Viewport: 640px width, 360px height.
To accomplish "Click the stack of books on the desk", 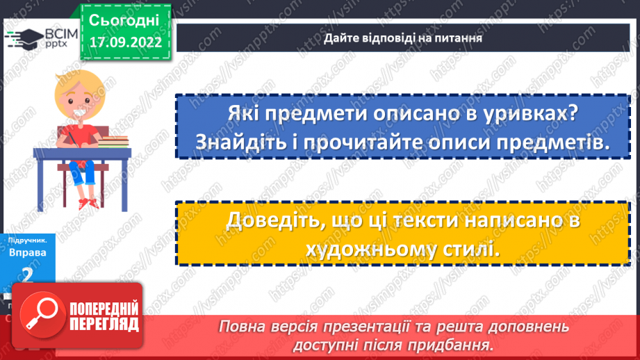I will pos(113,141).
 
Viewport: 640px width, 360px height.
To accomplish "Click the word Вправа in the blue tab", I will pos(27,253).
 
